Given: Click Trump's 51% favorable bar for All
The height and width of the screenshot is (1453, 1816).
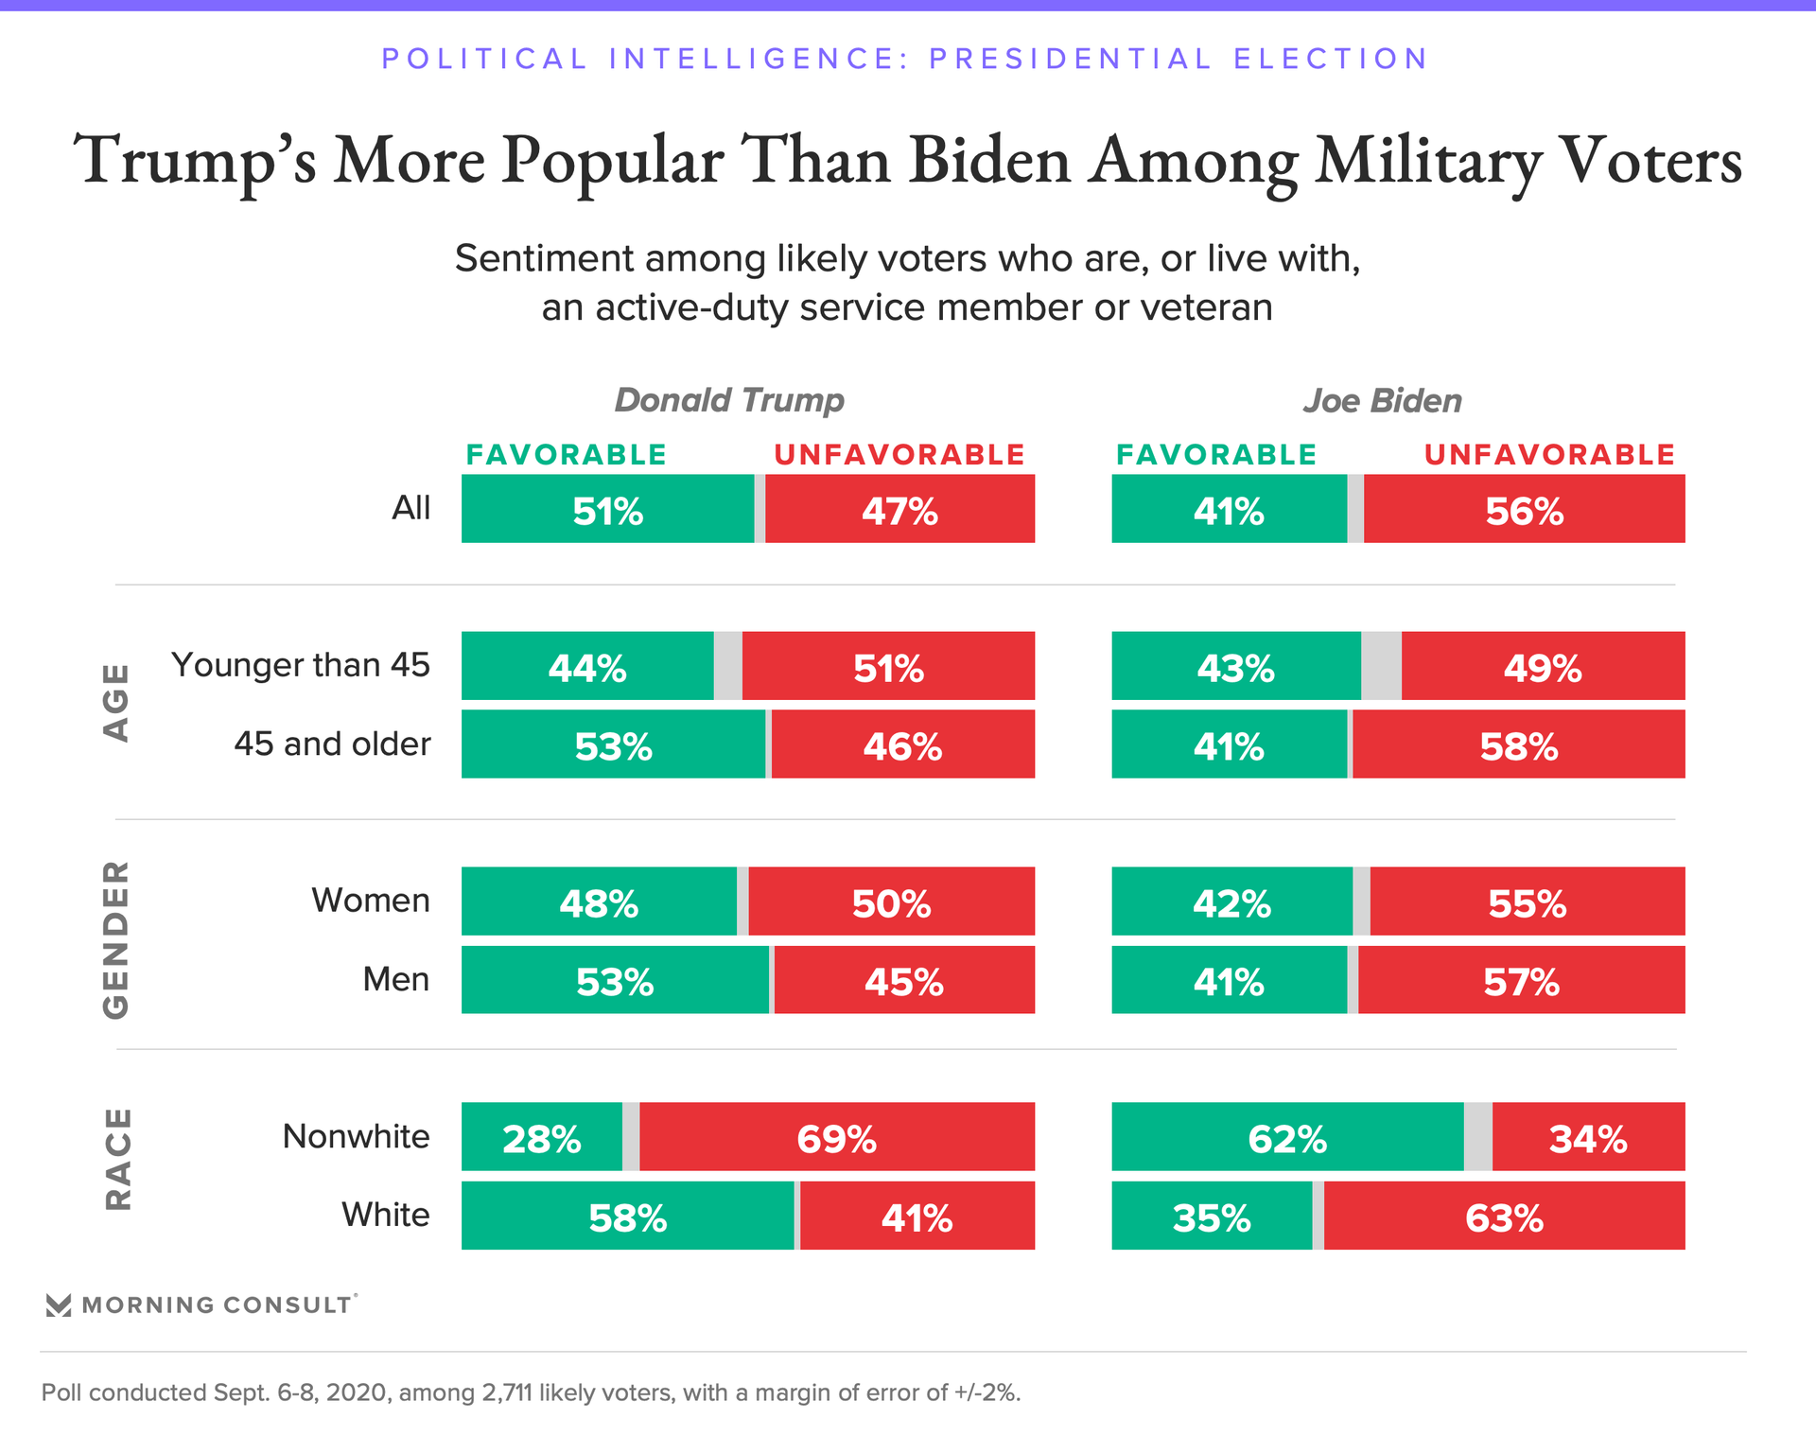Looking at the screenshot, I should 607,509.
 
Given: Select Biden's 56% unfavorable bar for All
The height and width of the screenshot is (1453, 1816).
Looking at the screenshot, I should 1524,509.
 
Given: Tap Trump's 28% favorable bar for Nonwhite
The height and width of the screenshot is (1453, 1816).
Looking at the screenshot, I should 541,1137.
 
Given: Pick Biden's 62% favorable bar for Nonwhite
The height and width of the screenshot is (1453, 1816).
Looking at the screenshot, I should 1287,1137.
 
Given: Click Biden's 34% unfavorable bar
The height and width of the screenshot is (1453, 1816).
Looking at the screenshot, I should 1588,1137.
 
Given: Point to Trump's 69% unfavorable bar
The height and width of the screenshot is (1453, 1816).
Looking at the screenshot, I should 836,1137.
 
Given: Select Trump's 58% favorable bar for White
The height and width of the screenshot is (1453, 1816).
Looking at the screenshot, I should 627,1216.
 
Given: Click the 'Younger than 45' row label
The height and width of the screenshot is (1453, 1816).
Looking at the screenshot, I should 300,665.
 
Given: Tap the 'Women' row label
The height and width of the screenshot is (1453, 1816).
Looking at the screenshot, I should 371,901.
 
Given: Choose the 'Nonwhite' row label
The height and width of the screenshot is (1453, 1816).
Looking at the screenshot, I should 356,1136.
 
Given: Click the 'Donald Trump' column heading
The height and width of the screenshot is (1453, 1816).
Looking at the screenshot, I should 728,400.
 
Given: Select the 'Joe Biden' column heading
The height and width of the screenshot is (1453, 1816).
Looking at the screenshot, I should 1382,401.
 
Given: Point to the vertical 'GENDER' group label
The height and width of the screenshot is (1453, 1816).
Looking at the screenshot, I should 115,939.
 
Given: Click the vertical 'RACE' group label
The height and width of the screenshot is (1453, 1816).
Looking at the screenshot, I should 117,1159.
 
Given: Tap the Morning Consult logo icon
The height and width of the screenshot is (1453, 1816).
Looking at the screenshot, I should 59,1305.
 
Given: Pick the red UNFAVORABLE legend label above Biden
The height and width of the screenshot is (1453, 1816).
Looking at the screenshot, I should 1549,455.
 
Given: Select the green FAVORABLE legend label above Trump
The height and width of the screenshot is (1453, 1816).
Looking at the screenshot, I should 566,455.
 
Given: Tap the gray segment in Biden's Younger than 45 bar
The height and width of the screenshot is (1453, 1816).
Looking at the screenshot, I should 1381,666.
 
